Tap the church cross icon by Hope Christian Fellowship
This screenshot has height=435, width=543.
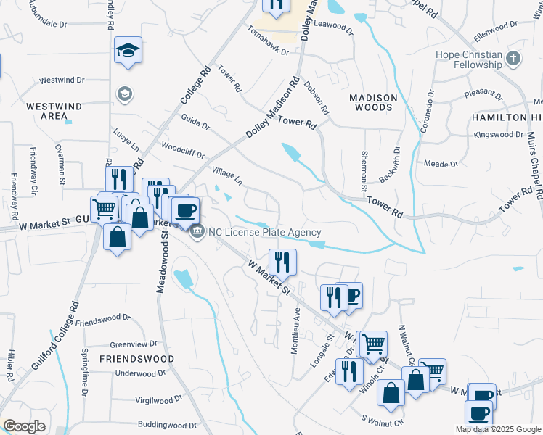pyautogui.click(x=513, y=58)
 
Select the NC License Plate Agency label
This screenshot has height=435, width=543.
pyautogui.click(x=264, y=232)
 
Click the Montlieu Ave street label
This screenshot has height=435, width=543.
pyautogui.click(x=295, y=330)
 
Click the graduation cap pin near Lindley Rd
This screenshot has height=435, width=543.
pyautogui.click(x=128, y=51)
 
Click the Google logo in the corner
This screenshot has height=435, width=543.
pyautogui.click(x=24, y=426)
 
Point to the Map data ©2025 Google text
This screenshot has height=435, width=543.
pyautogui.click(x=497, y=429)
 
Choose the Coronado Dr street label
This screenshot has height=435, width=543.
pyautogui.click(x=428, y=112)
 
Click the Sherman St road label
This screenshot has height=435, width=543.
pyautogui.click(x=363, y=172)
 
